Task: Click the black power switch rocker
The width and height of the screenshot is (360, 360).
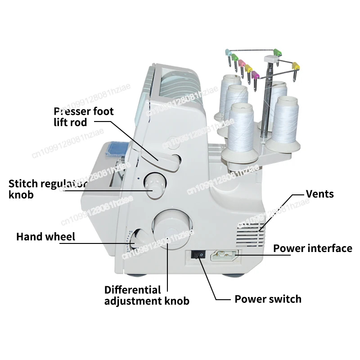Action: [198, 255]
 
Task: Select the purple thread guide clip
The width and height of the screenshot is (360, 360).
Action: [255, 74]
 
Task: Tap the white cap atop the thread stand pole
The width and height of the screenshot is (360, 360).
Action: [269, 59]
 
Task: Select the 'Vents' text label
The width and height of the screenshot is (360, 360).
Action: [320, 194]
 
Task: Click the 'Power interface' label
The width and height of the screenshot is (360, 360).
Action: [313, 248]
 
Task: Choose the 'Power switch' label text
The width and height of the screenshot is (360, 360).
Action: [268, 299]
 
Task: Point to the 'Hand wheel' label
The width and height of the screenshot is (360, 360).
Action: [46, 236]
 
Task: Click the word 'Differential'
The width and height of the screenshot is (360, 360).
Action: [132, 289]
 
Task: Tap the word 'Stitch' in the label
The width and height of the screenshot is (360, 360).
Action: [24, 184]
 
